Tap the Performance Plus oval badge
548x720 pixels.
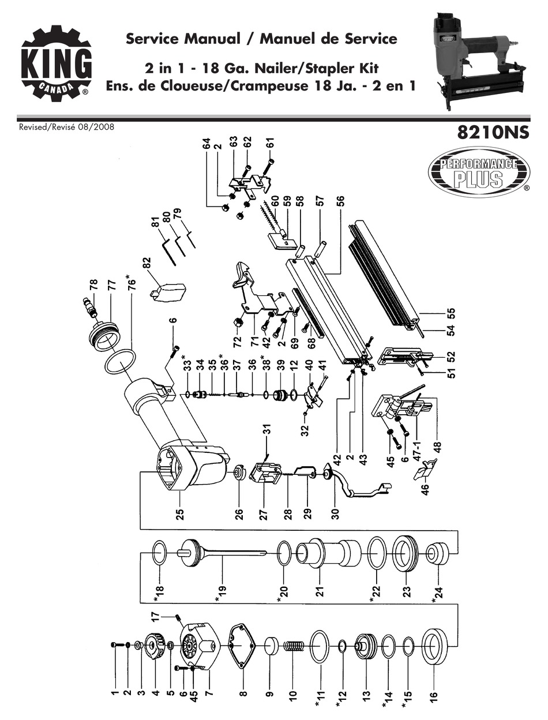(478, 171)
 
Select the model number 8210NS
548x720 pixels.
(492, 133)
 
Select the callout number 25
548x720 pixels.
(180, 512)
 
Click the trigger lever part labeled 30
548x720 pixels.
(355, 485)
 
